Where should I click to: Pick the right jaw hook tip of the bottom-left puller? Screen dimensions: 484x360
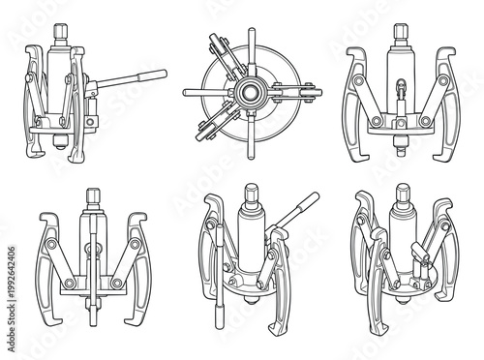point(146,326)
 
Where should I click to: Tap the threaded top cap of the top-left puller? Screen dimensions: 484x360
point(60,31)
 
